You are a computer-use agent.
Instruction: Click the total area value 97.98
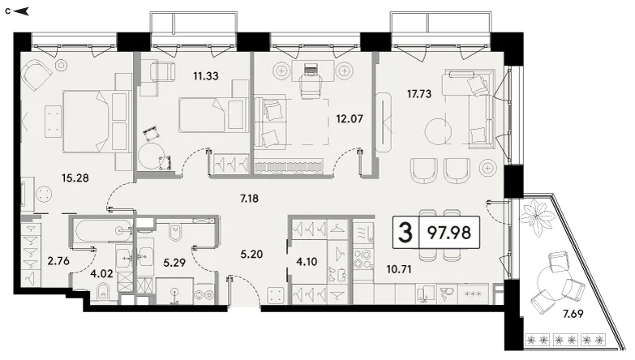pyautogui.click(x=449, y=233)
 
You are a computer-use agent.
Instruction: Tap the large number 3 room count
pyautogui.click(x=405, y=233)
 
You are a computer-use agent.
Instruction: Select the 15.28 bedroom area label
pyautogui.click(x=75, y=178)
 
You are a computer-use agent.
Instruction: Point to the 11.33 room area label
pyautogui.click(x=206, y=75)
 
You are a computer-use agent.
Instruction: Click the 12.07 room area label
pyautogui.click(x=350, y=119)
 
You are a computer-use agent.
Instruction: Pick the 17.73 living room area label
pyautogui.click(x=419, y=94)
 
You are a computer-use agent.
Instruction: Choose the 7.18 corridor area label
pyautogui.click(x=249, y=199)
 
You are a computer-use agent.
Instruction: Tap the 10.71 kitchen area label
pyautogui.click(x=399, y=269)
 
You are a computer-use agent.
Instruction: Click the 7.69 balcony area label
pyautogui.click(x=573, y=314)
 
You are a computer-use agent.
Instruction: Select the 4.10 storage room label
pyautogui.click(x=307, y=262)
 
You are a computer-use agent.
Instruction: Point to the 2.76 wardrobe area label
pyautogui.click(x=58, y=261)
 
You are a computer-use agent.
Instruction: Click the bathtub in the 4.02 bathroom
pyautogui.click(x=104, y=230)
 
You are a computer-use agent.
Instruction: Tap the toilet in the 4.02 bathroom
pyautogui.click(x=103, y=292)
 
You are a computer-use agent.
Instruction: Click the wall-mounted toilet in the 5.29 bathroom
pyautogui.click(x=175, y=232)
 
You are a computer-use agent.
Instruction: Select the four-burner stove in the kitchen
pyautogui.click(x=363, y=259)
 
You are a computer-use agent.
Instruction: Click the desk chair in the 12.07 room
pyautogui.click(x=311, y=82)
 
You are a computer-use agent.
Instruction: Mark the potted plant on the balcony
pyautogui.click(x=538, y=218)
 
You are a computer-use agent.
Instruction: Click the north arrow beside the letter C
pyautogui.click(x=21, y=11)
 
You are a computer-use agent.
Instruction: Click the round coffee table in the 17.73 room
pyautogui.click(x=439, y=131)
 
